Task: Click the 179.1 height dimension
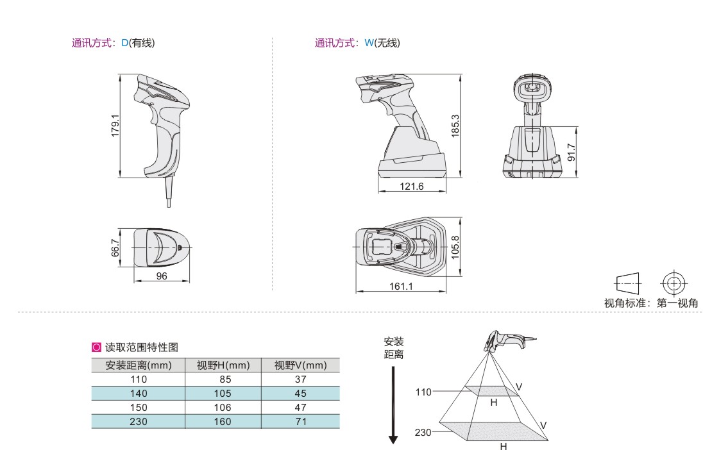tap(115, 126)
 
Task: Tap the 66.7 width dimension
tap(115, 247)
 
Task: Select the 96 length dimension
tap(162, 276)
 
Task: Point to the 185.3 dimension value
tap(455, 126)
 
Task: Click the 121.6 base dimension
tap(411, 186)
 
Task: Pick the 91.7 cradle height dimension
tap(572, 153)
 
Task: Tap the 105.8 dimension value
tap(455, 247)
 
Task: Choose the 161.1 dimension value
tap(401, 287)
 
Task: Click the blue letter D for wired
tap(125, 43)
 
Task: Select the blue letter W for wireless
tap(369, 43)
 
